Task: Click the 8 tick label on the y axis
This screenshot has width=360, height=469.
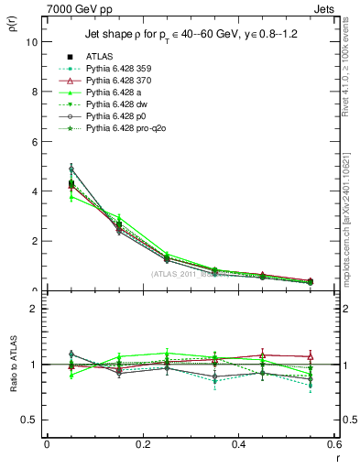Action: [34, 92]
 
